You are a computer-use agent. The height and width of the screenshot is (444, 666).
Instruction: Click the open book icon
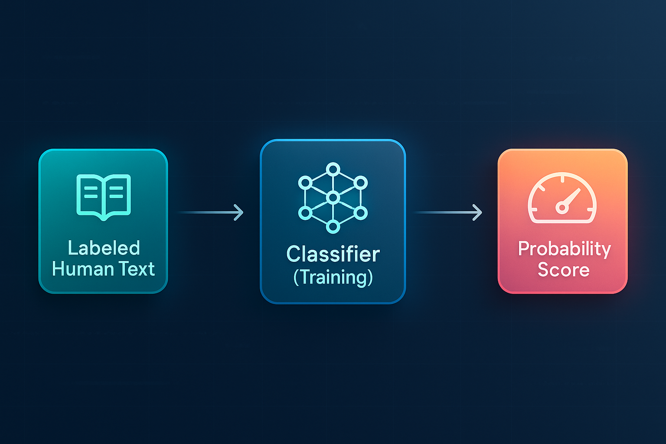pos(104,197)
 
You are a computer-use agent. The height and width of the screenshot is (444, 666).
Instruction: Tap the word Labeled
pos(104,248)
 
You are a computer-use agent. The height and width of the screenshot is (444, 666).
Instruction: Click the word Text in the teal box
pos(137,269)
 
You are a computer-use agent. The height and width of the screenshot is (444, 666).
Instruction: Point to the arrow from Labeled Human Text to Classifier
pos(210,212)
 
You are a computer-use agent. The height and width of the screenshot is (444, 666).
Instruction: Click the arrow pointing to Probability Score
pos(448,212)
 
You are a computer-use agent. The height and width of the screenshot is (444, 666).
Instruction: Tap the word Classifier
pos(333,254)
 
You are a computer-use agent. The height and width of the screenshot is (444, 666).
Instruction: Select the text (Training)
pos(333,277)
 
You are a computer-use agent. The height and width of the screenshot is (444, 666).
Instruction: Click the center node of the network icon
pos(333,197)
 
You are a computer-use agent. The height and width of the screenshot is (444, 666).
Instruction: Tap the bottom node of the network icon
pos(333,227)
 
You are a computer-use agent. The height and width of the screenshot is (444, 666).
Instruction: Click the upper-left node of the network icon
pos(305,183)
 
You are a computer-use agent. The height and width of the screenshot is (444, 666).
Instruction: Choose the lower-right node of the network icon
pos(361,213)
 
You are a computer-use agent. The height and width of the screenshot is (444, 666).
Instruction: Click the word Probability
pos(564,248)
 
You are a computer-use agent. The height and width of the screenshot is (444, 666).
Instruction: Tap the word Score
pos(563,270)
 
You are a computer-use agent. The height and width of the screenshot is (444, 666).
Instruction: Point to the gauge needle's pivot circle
pos(562,208)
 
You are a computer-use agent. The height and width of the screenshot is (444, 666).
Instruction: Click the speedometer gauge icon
pos(562,197)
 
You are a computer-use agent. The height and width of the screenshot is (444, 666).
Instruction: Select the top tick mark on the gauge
pos(562,179)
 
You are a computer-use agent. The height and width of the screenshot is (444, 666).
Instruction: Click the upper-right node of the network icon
pos(361,183)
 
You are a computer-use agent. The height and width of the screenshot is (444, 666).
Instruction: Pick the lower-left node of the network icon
pos(305,213)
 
